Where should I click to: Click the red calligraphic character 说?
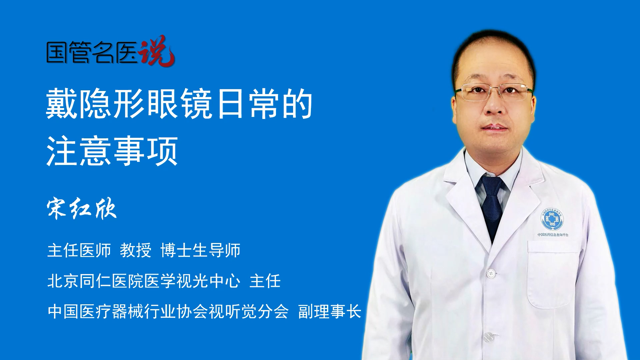click(x=157, y=51)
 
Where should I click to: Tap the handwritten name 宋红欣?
click(x=82, y=209)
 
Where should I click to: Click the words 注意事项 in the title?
click(x=112, y=151)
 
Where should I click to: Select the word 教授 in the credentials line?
click(x=136, y=250)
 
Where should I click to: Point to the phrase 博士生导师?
click(x=200, y=250)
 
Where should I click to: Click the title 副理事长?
click(x=330, y=311)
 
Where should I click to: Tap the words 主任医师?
click(x=79, y=250)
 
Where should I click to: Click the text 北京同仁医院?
click(x=95, y=281)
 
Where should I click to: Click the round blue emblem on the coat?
click(x=552, y=219)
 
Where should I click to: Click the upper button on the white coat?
click(x=491, y=273)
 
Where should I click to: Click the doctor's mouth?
click(x=495, y=127)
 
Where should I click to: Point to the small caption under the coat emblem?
click(x=553, y=235)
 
